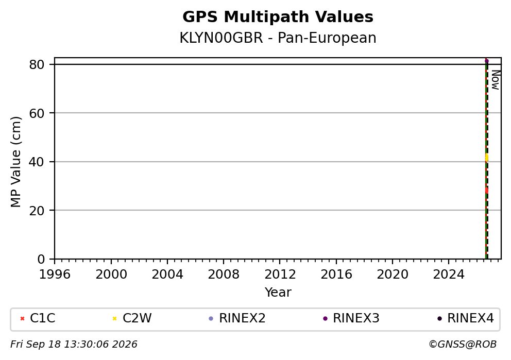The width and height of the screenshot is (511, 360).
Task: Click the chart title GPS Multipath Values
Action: (278, 17)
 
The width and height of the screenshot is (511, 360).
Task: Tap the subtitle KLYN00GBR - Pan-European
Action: (278, 38)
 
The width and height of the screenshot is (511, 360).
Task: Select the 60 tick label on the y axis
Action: (37, 113)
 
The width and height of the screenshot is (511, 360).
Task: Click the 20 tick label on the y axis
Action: (37, 211)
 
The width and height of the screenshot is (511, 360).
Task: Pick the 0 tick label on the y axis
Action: (41, 260)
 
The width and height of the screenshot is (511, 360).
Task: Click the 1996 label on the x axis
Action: (55, 275)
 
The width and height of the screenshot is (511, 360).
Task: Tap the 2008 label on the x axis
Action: (224, 275)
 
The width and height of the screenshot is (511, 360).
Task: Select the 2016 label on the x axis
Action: (336, 275)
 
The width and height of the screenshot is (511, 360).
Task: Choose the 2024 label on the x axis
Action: (449, 275)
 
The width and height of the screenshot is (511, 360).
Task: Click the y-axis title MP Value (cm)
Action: (15, 162)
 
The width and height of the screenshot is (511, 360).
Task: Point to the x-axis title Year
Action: (278, 292)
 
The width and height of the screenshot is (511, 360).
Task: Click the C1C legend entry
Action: (38, 318)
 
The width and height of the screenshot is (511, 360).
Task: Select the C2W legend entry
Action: (132, 318)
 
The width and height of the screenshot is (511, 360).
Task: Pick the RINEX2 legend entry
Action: (237, 318)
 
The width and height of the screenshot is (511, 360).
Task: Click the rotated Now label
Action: (496, 80)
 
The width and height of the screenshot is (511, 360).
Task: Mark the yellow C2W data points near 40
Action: (487, 158)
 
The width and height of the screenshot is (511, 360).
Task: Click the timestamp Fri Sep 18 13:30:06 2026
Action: (74, 345)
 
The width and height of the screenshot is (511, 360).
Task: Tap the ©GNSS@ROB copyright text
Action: (463, 345)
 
